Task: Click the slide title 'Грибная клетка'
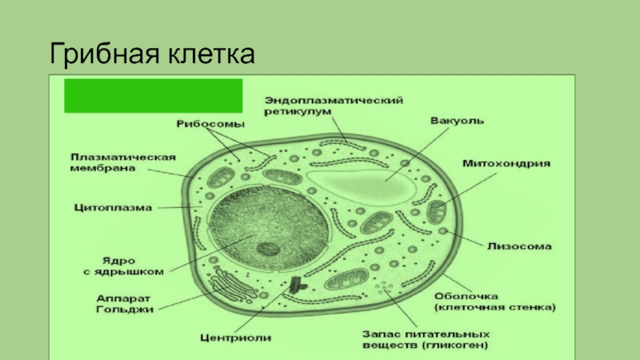tap(152, 55)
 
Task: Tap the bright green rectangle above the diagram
tap(153, 95)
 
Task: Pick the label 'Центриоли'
tap(236, 338)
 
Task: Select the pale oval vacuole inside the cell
tap(363, 183)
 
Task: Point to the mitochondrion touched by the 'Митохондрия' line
tap(438, 212)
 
